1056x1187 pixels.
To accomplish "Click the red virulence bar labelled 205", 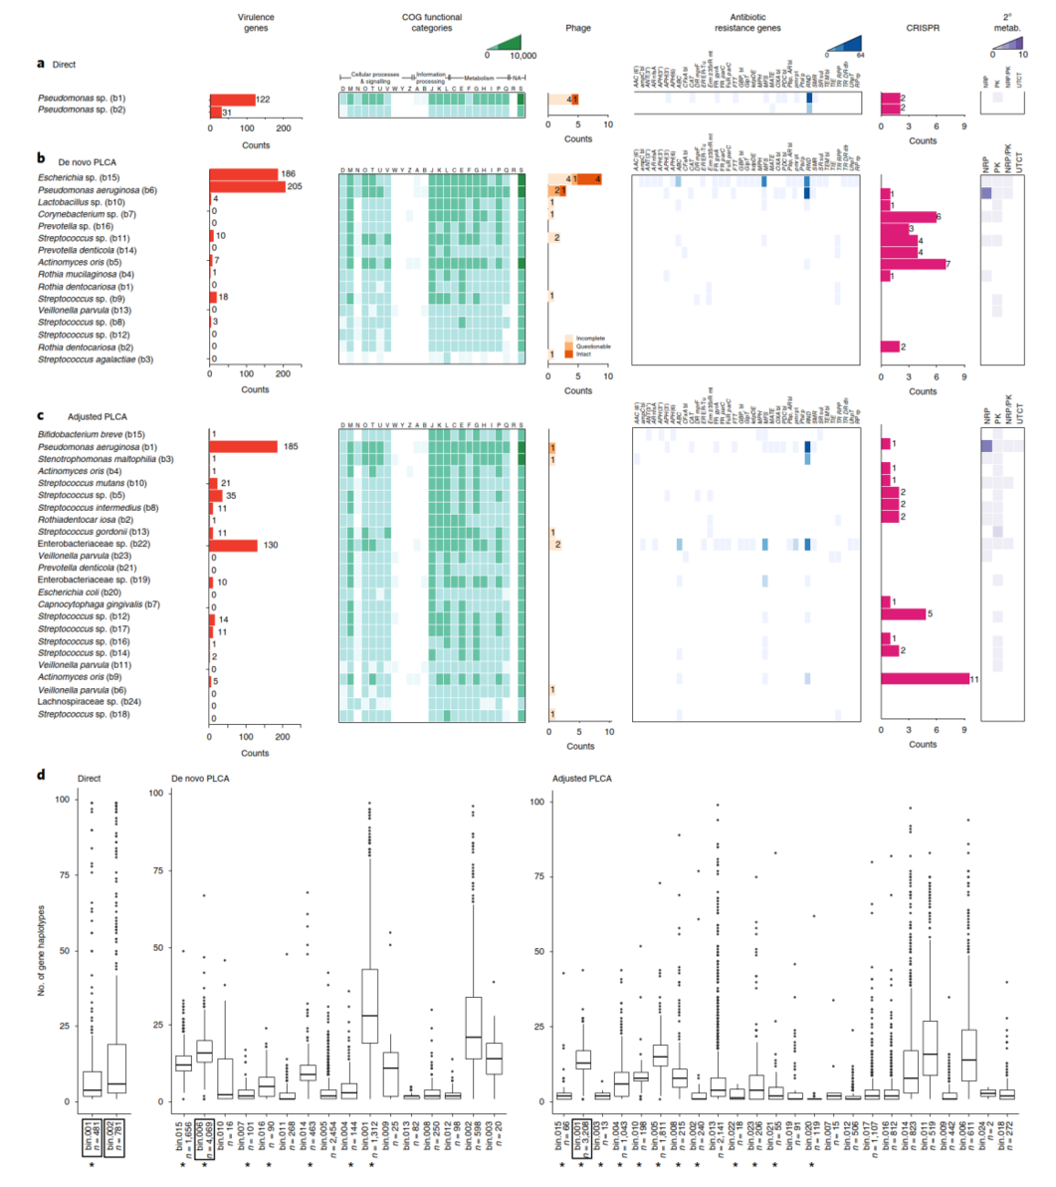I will [247, 187].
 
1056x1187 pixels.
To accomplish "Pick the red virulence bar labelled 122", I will [232, 100].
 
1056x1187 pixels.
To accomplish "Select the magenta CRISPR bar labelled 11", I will [925, 678].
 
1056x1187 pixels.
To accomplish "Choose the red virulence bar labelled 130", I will [233, 545].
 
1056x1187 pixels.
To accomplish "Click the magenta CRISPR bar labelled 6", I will [909, 215].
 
